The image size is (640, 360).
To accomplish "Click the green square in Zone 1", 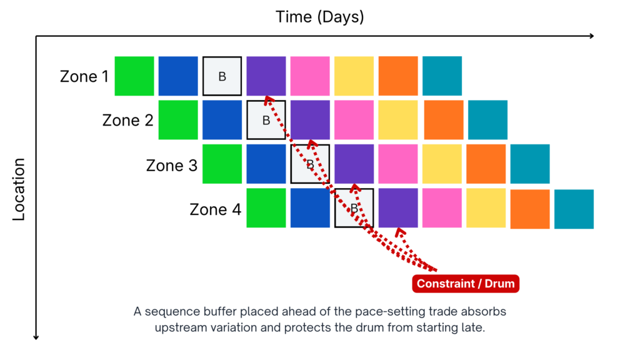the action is click(x=134, y=76).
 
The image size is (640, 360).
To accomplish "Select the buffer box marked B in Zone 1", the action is click(x=222, y=76).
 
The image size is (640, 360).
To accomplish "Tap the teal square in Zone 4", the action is click(x=574, y=209).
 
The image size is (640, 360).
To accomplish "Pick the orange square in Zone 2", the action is click(x=444, y=120).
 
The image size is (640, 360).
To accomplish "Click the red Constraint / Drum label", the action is click(x=466, y=284).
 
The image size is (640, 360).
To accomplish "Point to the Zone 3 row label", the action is click(x=172, y=165).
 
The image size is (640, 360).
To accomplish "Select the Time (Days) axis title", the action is click(x=319, y=17).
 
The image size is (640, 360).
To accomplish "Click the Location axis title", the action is click(x=19, y=189).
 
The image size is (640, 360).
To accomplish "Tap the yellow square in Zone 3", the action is click(x=442, y=164).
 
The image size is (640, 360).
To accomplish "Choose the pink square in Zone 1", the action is click(x=310, y=76).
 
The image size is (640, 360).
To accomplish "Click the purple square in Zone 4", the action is click(x=398, y=207).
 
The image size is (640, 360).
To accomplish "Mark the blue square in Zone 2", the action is click(x=222, y=120).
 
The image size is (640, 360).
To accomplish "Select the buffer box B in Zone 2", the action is click(x=266, y=120).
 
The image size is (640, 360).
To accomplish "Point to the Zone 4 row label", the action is click(x=216, y=209).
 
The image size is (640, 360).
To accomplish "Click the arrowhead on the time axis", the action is click(x=591, y=36).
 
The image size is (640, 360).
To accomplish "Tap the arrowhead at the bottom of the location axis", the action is click(x=36, y=337).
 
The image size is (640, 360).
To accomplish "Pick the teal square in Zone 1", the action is click(x=442, y=76).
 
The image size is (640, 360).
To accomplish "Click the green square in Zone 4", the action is click(x=266, y=207).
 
